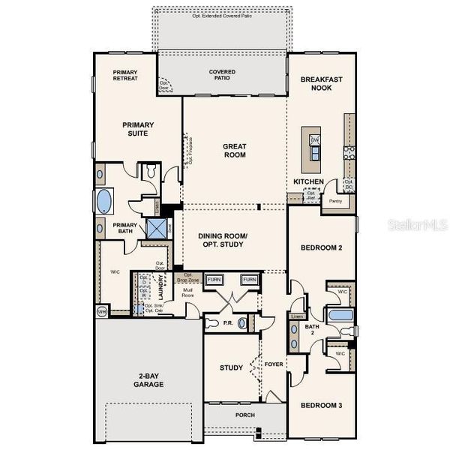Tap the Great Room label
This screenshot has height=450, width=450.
(x=235, y=151)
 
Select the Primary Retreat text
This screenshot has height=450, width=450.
(x=125, y=76)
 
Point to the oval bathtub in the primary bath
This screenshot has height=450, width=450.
(x=103, y=202)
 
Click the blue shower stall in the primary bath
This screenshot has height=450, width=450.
(x=156, y=228)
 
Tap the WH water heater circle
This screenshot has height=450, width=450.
(x=101, y=310)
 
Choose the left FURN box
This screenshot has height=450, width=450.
(x=215, y=280)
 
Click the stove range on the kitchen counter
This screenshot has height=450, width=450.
(x=349, y=153)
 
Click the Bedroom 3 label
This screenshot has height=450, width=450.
(x=321, y=406)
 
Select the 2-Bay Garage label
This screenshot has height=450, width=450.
(x=150, y=380)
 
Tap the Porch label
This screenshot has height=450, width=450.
(x=245, y=415)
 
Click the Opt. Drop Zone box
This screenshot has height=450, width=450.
(x=189, y=277)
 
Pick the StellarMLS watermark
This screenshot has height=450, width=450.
(x=423, y=223)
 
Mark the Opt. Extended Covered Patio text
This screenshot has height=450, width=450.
(x=222, y=15)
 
